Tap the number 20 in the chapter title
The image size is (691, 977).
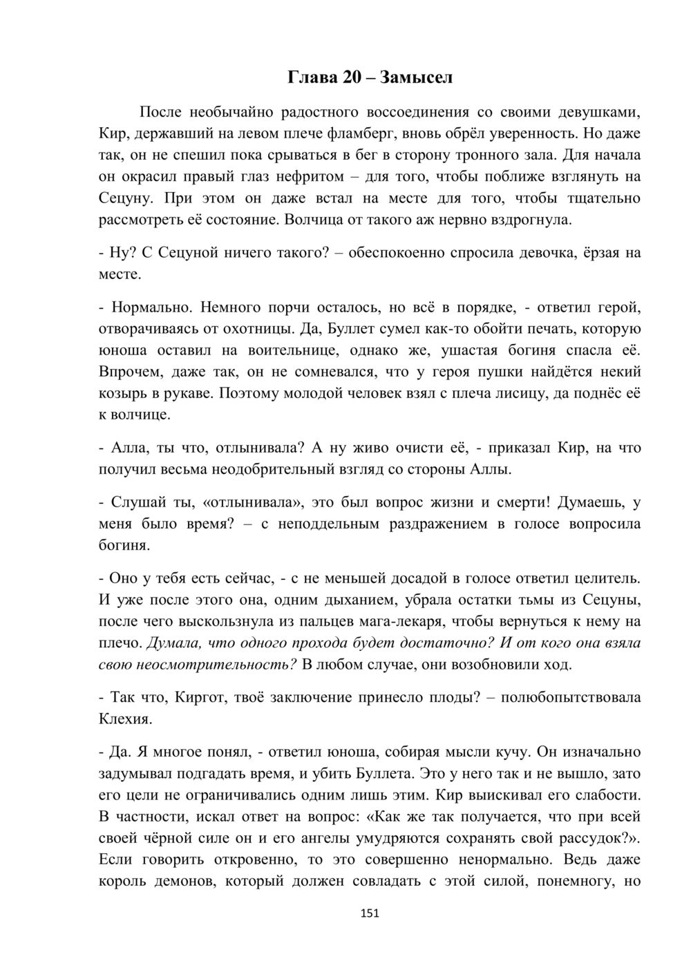pyautogui.click(x=351, y=77)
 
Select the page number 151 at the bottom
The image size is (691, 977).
pyautogui.click(x=370, y=913)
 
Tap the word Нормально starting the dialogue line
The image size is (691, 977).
pyautogui.click(x=145, y=306)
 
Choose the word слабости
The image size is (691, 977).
pyautogui.click(x=605, y=795)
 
